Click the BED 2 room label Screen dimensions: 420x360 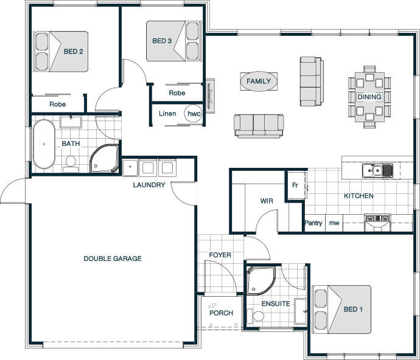pyautogui.click(x=74, y=52)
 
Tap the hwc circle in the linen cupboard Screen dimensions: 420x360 pyautogui.click(x=194, y=114)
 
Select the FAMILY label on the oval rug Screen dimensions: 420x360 pyautogui.click(x=259, y=81)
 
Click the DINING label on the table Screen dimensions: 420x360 pyautogui.click(x=369, y=97)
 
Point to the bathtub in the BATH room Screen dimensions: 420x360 pyautogui.click(x=44, y=144)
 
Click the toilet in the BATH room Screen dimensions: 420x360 pyautogui.click(x=71, y=164)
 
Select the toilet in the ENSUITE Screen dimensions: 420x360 pyautogui.click(x=256, y=316)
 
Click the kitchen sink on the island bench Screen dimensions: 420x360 pyautogui.click(x=377, y=170)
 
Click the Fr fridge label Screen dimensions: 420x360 pyautogui.click(x=295, y=185)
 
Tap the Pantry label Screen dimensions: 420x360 pyautogui.click(x=313, y=223)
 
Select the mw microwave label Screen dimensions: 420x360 pyautogui.click(x=334, y=223)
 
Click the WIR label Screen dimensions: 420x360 pyautogui.click(x=267, y=201)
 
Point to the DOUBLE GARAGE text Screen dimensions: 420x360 pyautogui.click(x=113, y=258)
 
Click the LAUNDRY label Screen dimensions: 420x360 pyautogui.click(x=149, y=185)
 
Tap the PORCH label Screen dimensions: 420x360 pyautogui.click(x=221, y=313)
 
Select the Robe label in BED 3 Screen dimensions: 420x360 pyautogui.click(x=177, y=93)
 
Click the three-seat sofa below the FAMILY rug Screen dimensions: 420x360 pyautogui.click(x=259, y=126)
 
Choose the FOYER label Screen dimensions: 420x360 pyautogui.click(x=220, y=255)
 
